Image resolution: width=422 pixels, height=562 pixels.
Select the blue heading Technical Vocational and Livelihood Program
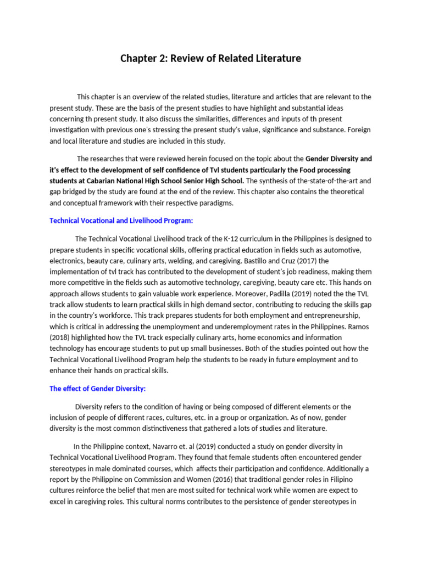121,221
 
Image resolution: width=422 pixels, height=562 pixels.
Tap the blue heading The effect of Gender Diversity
97,389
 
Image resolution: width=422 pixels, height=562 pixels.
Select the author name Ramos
359,327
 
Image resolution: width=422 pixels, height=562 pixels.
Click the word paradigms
218,203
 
